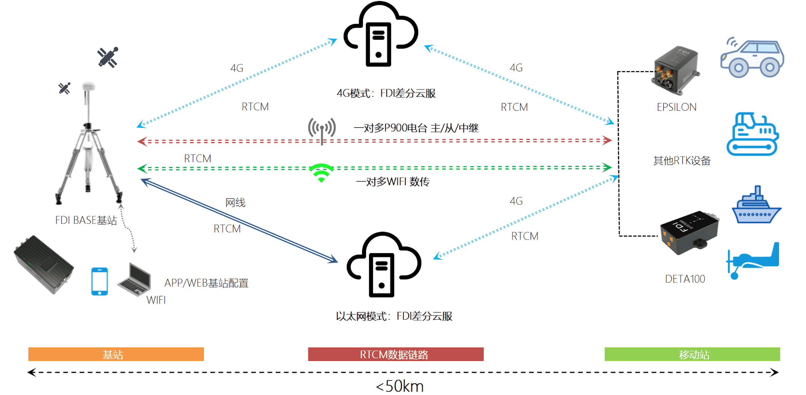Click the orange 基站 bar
tap(116, 354)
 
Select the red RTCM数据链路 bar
tap(396, 354)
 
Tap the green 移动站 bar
tap(692, 354)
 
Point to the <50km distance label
tap(400, 386)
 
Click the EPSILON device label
tap(676, 107)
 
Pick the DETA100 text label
tap(685, 278)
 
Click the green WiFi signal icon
tap(321, 172)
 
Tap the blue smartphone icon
tap(100, 281)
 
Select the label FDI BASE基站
tap(86, 220)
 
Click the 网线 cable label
tap(235, 203)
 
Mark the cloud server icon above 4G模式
tap(380, 34)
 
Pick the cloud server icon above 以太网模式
tap(383, 265)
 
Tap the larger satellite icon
tap(108, 57)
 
